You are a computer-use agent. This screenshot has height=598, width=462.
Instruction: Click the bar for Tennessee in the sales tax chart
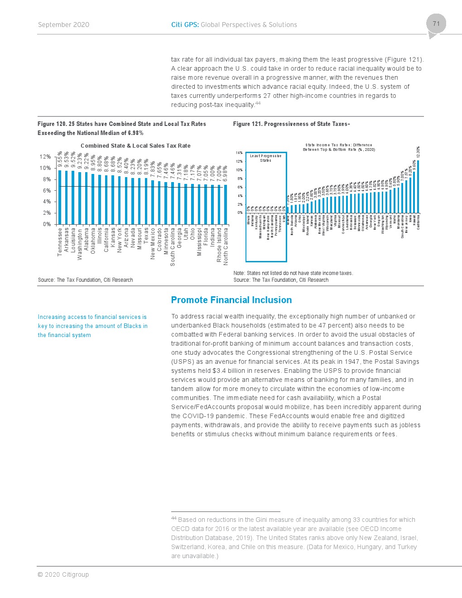60,197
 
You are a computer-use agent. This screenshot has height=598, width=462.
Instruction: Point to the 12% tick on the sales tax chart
45,157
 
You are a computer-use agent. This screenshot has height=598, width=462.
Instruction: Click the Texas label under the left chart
146,236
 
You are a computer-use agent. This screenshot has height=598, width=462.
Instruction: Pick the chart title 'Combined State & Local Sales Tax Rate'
135,145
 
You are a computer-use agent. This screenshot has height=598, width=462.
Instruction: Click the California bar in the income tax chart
418,186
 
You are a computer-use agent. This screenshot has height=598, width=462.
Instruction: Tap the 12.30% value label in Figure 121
418,152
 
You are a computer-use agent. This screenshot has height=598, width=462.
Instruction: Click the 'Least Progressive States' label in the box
266,158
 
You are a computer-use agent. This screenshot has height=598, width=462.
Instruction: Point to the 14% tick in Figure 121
239,153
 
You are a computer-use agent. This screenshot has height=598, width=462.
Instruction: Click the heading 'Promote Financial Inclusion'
231,300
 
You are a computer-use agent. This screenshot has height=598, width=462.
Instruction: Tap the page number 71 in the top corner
436,24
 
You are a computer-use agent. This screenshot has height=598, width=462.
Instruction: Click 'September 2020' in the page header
63,25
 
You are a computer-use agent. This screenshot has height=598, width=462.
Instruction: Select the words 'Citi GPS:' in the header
185,25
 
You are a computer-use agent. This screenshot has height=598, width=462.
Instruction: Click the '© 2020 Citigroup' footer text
63,574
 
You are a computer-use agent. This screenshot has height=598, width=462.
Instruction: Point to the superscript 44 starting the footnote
174,518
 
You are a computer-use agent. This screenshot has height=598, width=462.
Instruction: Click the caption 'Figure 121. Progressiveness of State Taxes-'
291,124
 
